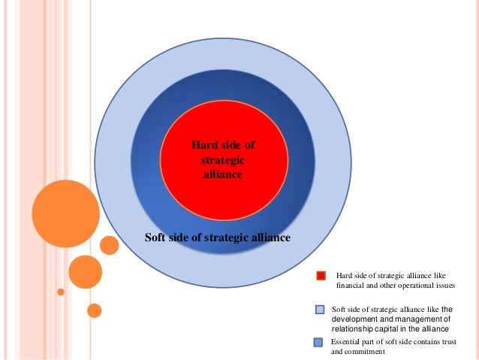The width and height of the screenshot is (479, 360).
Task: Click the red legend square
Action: point(321,276)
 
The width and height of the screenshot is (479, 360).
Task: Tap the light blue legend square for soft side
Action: point(320,309)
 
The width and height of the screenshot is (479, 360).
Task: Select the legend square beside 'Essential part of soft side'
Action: point(318,343)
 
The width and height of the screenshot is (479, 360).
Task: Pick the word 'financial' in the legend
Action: point(351,286)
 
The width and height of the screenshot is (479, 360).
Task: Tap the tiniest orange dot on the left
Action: point(61,291)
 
